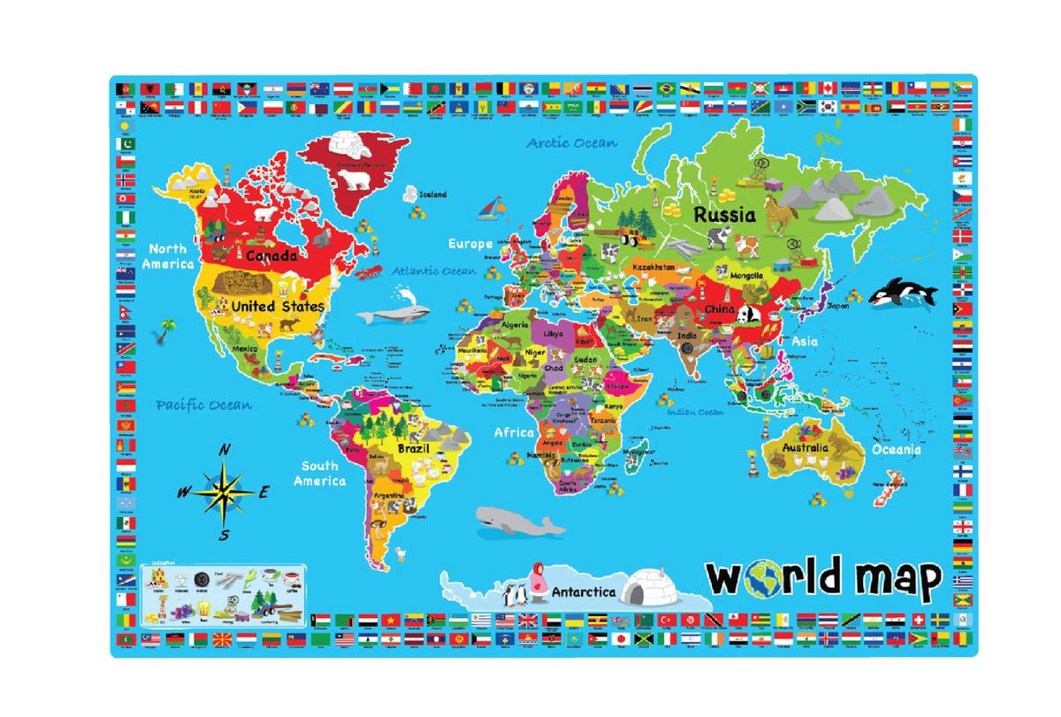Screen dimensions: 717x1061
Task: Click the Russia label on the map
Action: point(724,214)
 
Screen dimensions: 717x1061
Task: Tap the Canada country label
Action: point(271,256)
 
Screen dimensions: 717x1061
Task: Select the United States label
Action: point(277,306)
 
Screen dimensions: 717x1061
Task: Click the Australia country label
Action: point(805,447)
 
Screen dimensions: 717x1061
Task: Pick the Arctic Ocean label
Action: point(572,141)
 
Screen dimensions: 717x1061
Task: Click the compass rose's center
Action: point(225,492)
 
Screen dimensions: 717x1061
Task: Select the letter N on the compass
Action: point(225,450)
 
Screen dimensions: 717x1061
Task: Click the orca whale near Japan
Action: point(902,293)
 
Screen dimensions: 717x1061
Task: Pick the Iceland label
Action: point(433,195)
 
